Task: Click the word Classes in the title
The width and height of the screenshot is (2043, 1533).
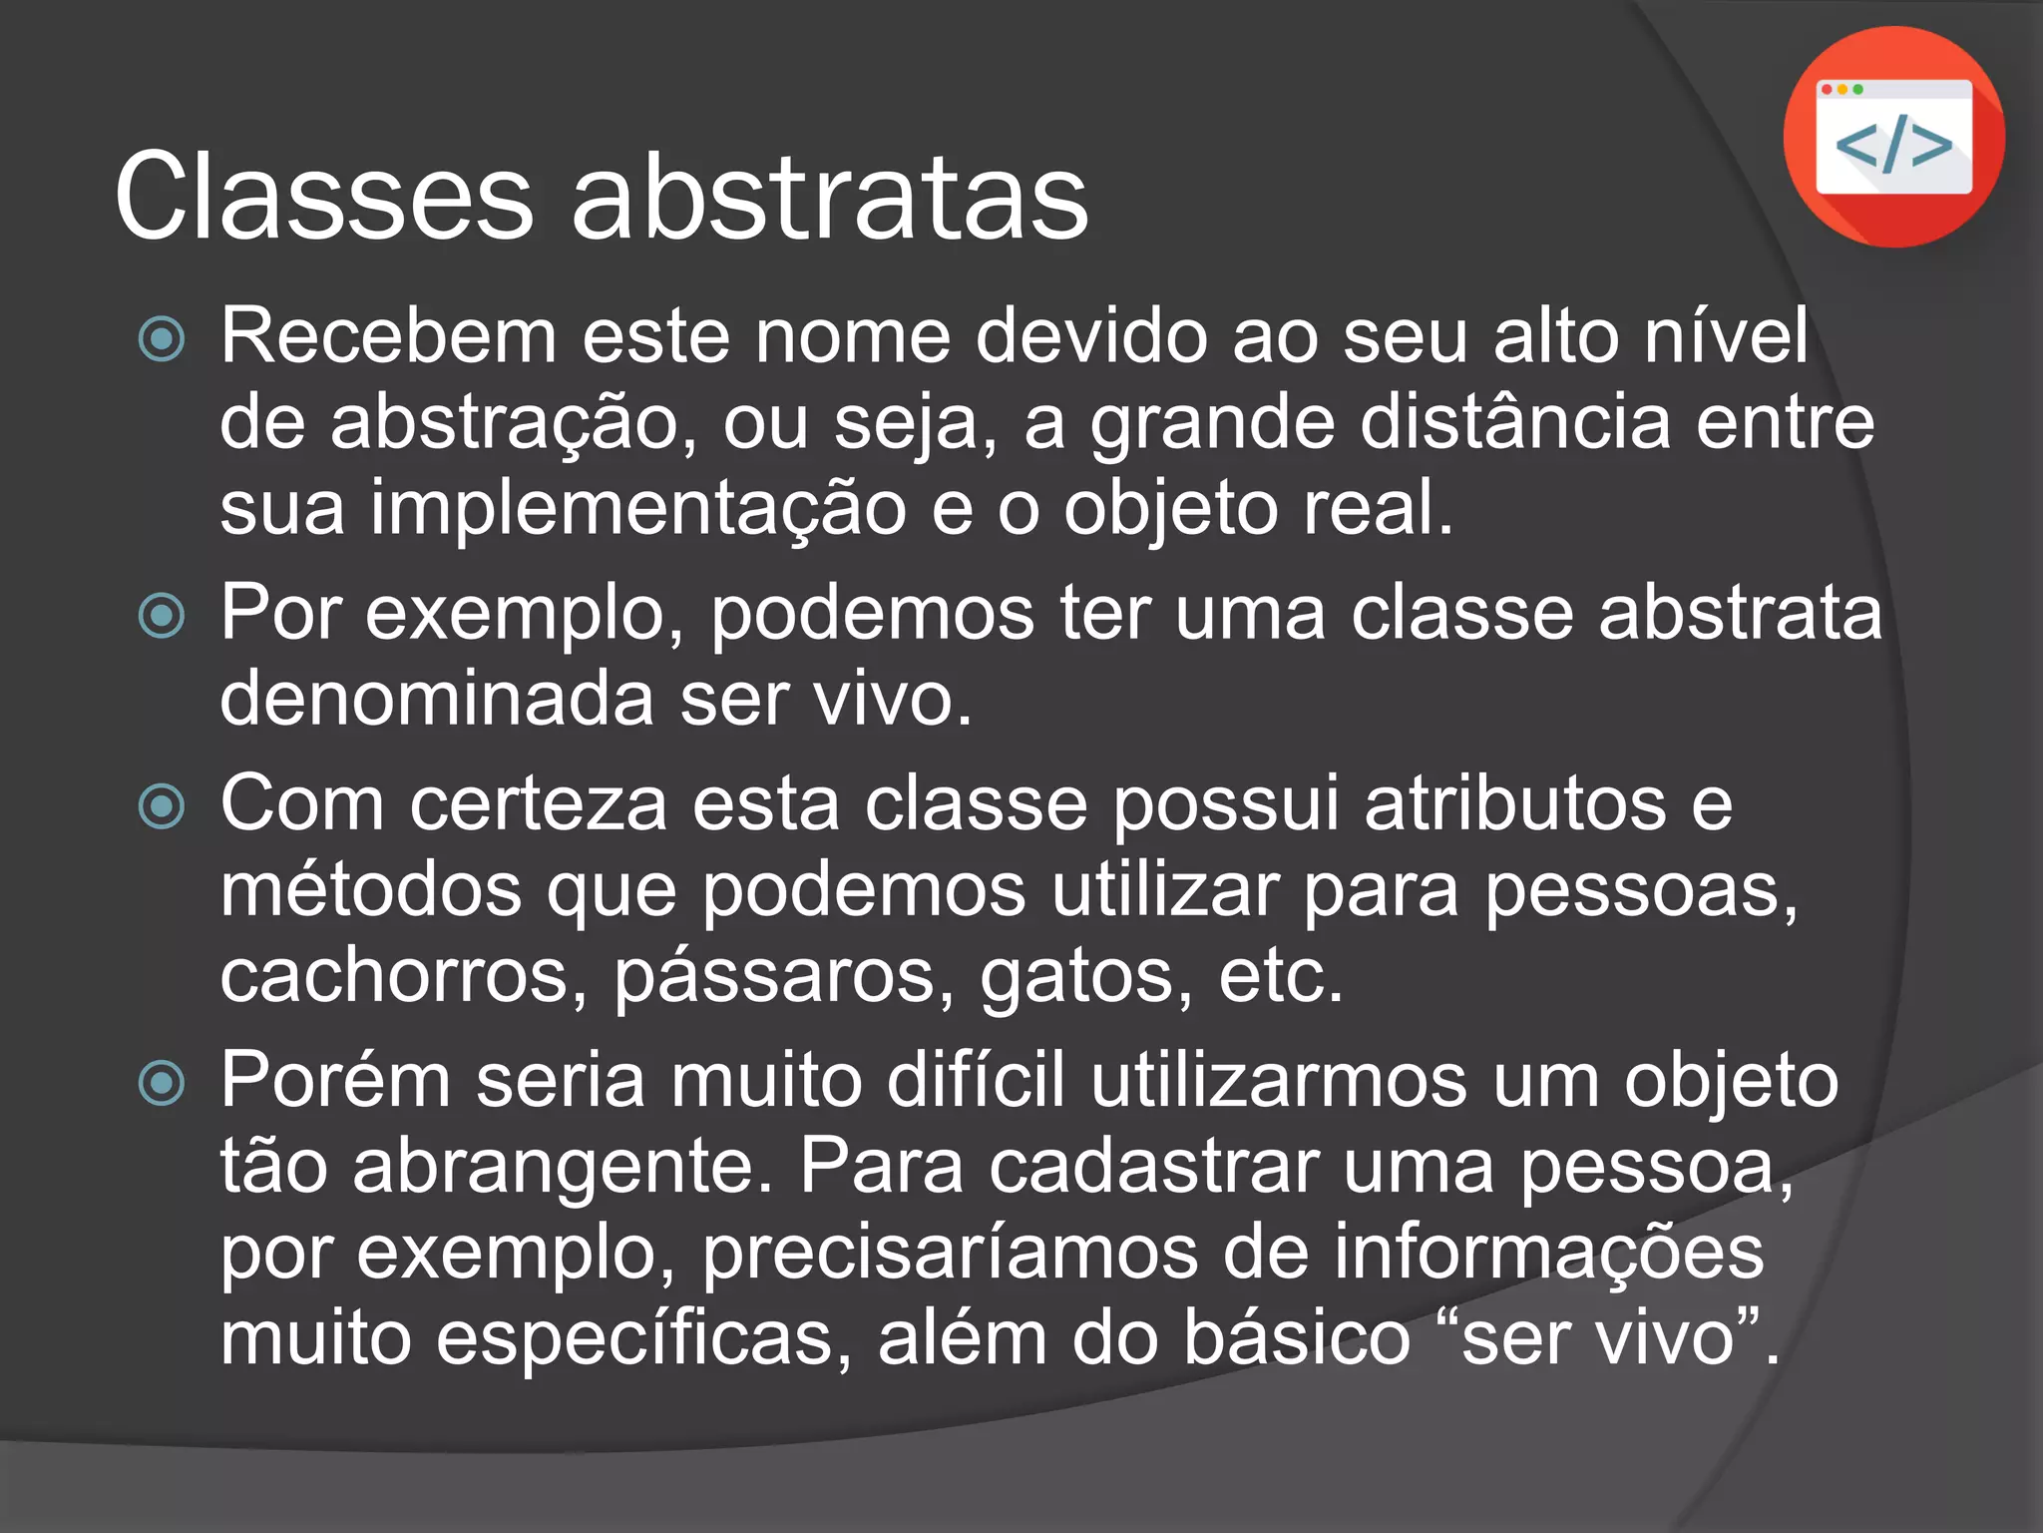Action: pyautogui.click(x=324, y=197)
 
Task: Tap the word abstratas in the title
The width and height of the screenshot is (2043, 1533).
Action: pyautogui.click(x=829, y=197)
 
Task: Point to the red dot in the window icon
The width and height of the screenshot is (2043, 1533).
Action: pyautogui.click(x=1827, y=90)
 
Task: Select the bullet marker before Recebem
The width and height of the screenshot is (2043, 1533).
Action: pyautogui.click(x=162, y=339)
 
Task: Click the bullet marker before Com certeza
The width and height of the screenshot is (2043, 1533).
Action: pyautogui.click(x=162, y=806)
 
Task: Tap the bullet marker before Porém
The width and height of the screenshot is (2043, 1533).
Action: pyautogui.click(x=162, y=1083)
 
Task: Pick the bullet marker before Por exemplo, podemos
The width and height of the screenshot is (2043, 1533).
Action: pyautogui.click(x=162, y=615)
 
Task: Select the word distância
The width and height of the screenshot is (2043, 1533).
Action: pyautogui.click(x=1515, y=422)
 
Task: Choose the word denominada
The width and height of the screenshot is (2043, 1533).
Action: pyautogui.click(x=437, y=699)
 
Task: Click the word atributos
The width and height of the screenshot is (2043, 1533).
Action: pyautogui.click(x=1515, y=804)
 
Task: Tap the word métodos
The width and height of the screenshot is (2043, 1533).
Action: pyautogui.click(x=371, y=890)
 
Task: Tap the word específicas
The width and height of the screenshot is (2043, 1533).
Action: pyautogui.click(x=643, y=1339)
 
